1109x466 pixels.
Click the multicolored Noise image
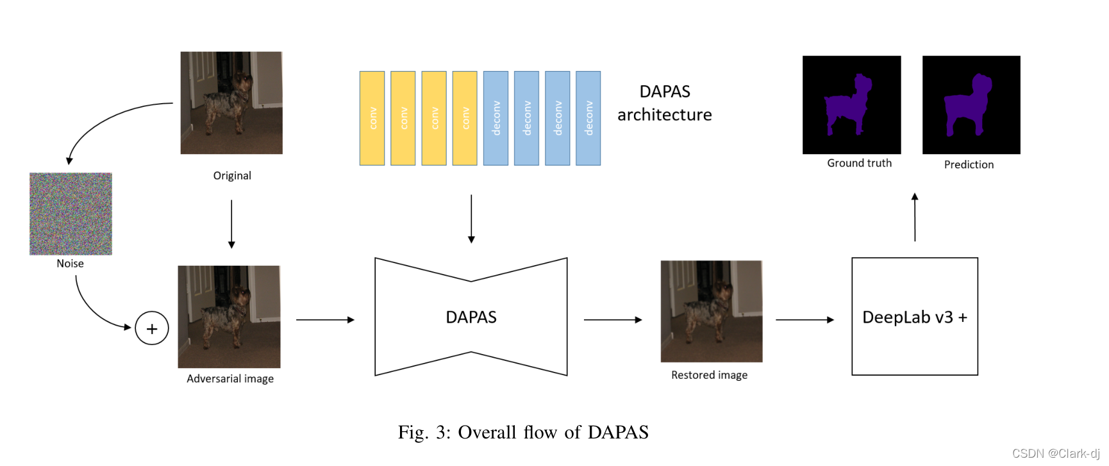[x=71, y=214]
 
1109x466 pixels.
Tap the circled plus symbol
[x=152, y=328]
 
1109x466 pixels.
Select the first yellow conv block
[x=372, y=118]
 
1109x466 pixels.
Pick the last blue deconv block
[x=588, y=118]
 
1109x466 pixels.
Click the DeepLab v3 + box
[x=914, y=316]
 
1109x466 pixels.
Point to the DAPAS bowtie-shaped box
[x=471, y=317]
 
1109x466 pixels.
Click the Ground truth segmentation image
[x=851, y=105]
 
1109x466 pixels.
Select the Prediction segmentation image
[x=971, y=105]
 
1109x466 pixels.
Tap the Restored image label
[x=709, y=375]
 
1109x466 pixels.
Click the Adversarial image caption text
[x=230, y=379]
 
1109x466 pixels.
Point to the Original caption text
[x=232, y=176]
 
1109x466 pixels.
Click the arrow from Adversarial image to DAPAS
[x=325, y=319]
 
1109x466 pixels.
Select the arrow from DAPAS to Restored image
[x=612, y=319]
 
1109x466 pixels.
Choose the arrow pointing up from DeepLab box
[x=915, y=217]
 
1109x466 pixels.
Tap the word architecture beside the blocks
[x=664, y=115]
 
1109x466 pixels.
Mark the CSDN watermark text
[x=1055, y=454]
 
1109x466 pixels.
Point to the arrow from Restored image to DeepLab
[x=805, y=319]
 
